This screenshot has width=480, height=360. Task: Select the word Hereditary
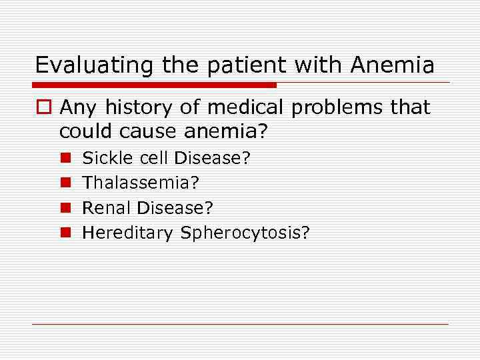pyautogui.click(x=127, y=233)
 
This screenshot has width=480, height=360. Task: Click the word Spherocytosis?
pyautogui.click(x=244, y=233)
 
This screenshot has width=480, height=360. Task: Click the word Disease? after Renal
pyautogui.click(x=175, y=207)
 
